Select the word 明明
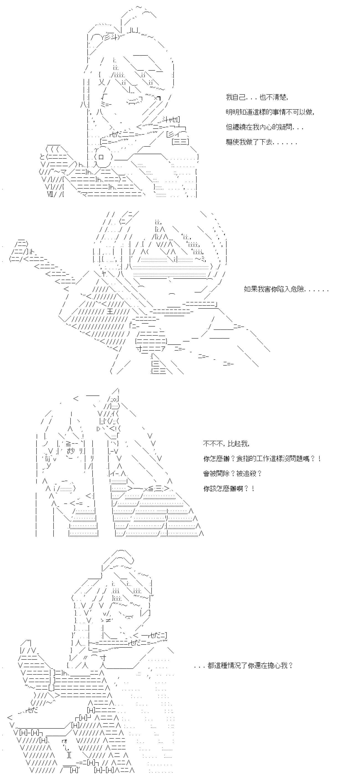232,112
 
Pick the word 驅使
232,142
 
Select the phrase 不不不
213,444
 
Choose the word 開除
222,474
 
